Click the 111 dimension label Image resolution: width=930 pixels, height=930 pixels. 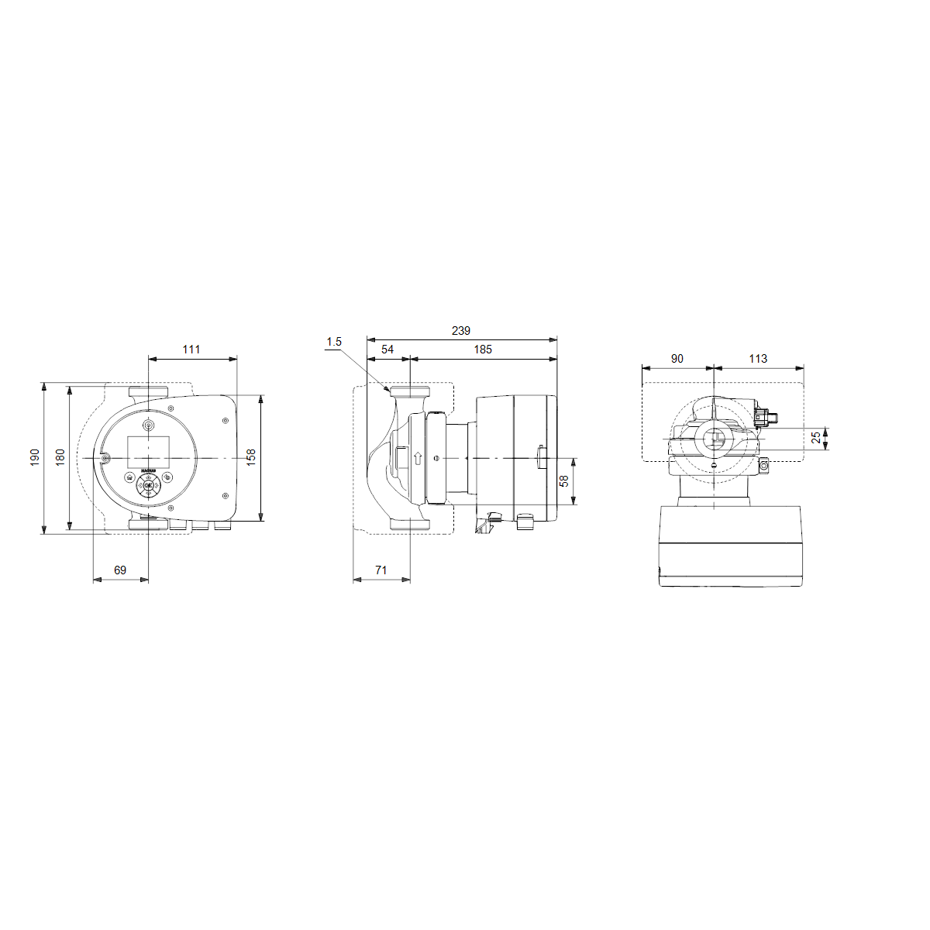(191, 350)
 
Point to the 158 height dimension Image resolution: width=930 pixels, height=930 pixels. (250, 457)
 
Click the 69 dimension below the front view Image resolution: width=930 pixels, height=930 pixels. (120, 570)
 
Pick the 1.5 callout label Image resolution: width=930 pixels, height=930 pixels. (334, 341)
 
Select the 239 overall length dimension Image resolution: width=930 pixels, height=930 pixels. (461, 331)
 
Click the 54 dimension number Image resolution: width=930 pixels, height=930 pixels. (387, 350)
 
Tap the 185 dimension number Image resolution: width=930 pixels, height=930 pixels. (483, 350)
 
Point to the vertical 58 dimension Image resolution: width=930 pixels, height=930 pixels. (564, 481)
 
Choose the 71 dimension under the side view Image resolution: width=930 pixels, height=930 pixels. (381, 570)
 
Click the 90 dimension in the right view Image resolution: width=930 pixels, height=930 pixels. (677, 358)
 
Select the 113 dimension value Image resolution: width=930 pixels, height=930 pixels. (758, 358)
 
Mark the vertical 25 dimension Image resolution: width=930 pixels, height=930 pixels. (816, 438)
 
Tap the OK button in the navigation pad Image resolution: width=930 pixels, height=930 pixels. (148, 486)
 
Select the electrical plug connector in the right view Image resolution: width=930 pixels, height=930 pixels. (766, 418)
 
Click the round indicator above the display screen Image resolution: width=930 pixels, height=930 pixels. (148, 425)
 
